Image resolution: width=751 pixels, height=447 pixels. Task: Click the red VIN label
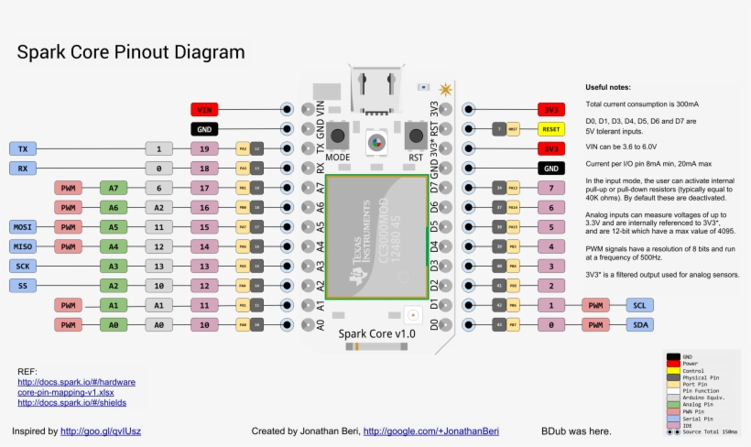click(204, 109)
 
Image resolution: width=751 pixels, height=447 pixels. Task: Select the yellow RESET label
click(551, 129)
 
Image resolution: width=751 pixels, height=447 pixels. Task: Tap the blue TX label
click(22, 148)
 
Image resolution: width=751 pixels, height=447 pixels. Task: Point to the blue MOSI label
click(22, 227)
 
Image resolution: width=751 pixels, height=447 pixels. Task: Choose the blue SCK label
click(22, 267)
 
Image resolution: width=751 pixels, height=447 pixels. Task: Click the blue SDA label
click(638, 325)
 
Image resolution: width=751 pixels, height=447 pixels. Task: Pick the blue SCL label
click(638, 305)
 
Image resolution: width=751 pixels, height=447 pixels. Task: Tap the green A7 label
click(114, 188)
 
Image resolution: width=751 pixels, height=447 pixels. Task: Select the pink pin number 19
click(204, 148)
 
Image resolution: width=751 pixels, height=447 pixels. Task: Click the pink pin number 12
click(204, 286)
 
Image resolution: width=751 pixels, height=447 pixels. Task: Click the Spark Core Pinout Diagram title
click(131, 52)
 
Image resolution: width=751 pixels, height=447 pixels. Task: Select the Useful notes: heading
click(608, 87)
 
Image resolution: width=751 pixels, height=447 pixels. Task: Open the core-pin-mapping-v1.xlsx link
click(66, 392)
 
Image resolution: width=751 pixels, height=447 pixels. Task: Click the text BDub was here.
click(576, 431)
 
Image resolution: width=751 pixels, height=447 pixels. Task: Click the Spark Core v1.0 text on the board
click(377, 334)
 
